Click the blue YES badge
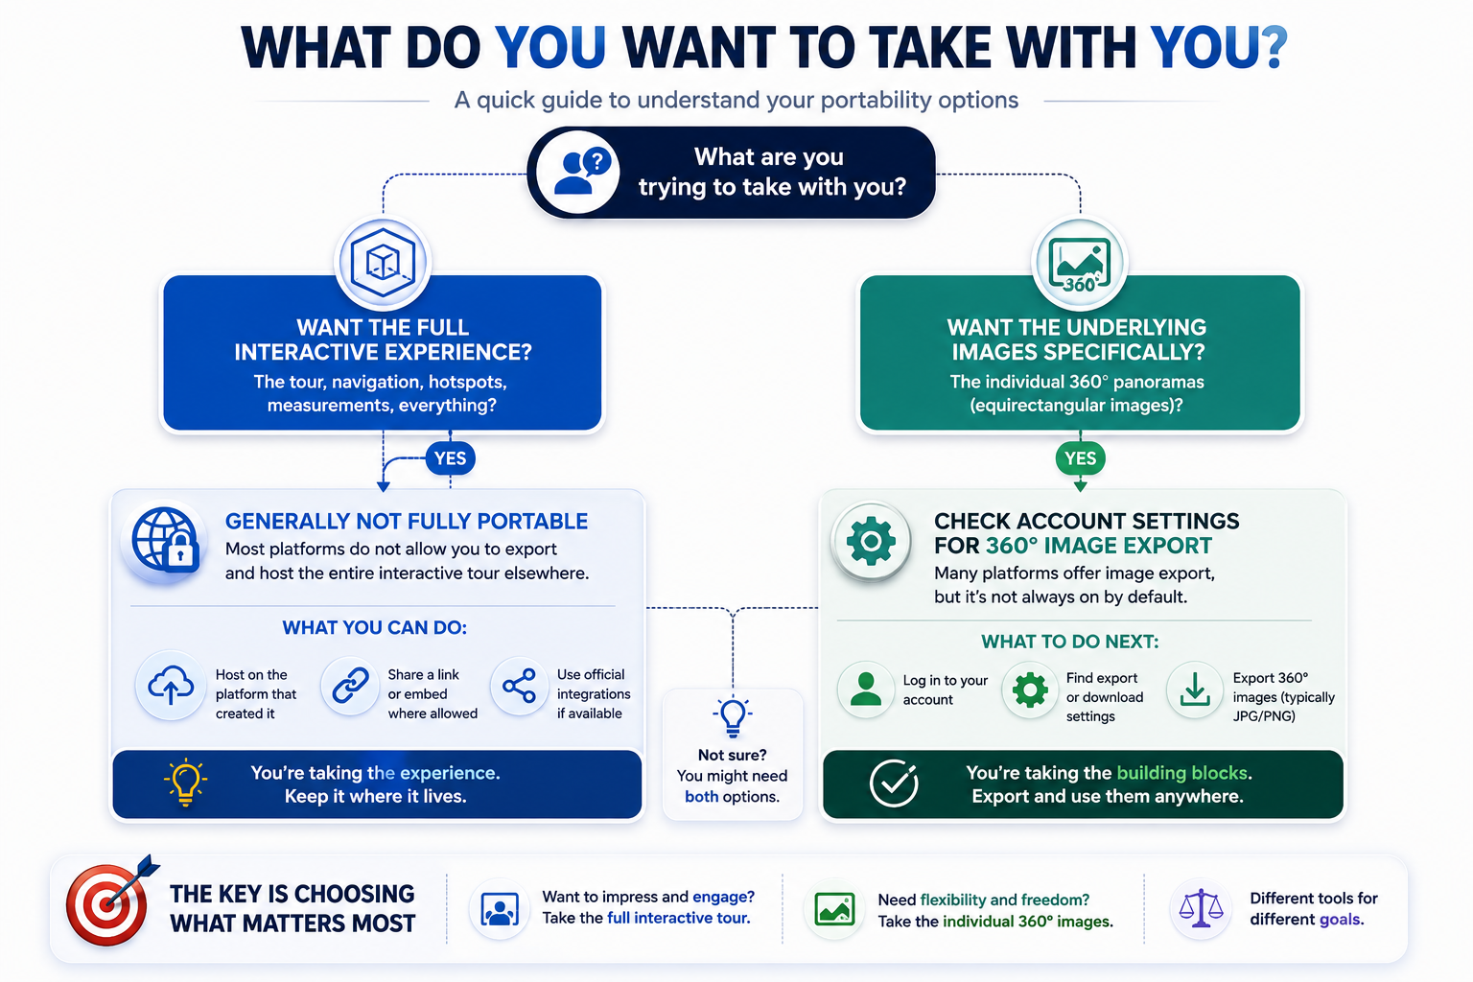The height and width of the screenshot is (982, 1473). click(x=451, y=457)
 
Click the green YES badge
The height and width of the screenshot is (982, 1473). click(x=1080, y=457)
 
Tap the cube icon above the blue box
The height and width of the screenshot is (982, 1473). click(x=383, y=263)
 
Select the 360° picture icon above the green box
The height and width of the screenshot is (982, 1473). click(x=1080, y=264)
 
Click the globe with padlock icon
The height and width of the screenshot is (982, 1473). click(x=165, y=539)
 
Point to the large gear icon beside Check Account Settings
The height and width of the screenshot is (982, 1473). click(x=872, y=541)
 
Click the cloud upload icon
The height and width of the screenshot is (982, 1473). click(x=171, y=686)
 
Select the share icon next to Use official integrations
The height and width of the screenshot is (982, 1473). click(x=520, y=686)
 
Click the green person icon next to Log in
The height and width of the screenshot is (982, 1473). click(x=865, y=690)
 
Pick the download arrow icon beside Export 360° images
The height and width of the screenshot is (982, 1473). click(x=1195, y=689)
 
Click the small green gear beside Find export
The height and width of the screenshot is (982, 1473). click(x=1030, y=690)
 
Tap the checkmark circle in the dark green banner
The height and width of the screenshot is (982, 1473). click(x=894, y=783)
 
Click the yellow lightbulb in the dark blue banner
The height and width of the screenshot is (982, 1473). click(x=185, y=782)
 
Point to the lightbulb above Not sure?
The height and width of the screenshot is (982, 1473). click(x=733, y=717)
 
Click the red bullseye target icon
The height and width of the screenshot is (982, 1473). click(x=108, y=902)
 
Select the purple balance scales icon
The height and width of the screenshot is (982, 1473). click(x=1201, y=908)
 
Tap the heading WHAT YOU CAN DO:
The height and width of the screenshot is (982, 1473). click(x=375, y=627)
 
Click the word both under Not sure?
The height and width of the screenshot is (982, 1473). click(x=702, y=797)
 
